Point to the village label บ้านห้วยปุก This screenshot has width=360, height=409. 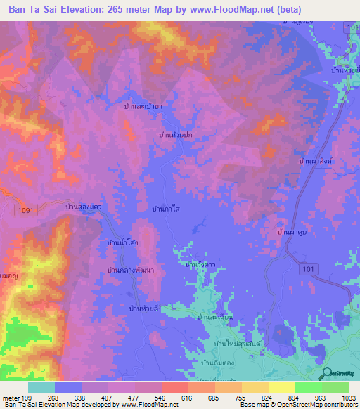(x=176, y=133)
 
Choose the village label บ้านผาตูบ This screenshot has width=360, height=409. (x=294, y=231)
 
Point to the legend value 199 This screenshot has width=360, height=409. (x=27, y=397)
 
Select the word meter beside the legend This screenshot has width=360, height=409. (x=10, y=397)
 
